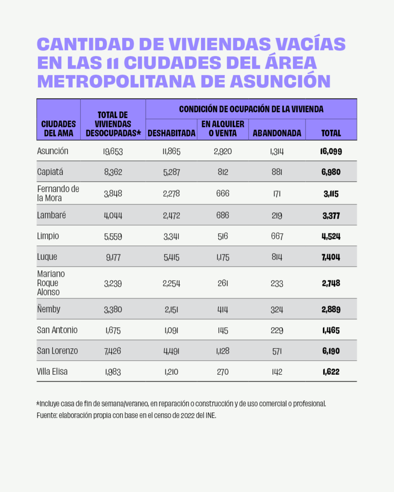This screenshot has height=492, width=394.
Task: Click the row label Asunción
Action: (x=52, y=151)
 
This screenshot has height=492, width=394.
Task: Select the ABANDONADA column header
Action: (x=277, y=133)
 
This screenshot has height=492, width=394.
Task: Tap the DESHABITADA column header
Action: (x=171, y=133)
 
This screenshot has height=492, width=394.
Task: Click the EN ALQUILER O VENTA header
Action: (x=223, y=129)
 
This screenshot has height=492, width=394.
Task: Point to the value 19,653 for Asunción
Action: (x=113, y=152)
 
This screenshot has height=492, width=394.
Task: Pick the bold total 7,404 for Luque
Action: (x=331, y=257)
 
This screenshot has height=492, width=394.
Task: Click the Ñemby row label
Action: (x=49, y=309)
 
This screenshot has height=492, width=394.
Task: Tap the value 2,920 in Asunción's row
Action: (x=223, y=152)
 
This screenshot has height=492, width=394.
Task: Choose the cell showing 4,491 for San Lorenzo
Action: (x=171, y=351)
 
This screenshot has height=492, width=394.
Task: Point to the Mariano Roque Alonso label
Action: (x=51, y=283)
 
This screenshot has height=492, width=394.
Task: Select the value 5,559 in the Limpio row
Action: (x=113, y=236)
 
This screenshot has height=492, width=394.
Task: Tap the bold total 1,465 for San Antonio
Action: (x=331, y=330)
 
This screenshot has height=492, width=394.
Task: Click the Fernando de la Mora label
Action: (x=58, y=193)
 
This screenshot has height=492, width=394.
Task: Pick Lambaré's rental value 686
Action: (x=223, y=216)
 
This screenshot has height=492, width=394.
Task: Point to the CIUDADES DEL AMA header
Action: (x=58, y=128)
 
